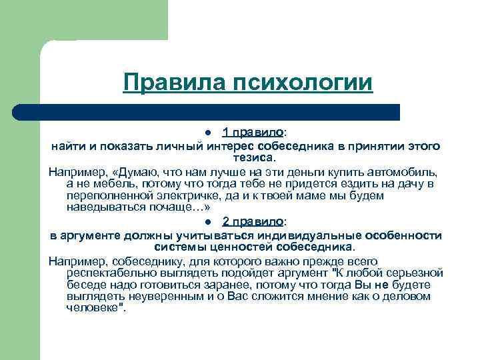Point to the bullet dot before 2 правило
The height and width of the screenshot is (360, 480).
click(209, 222)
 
